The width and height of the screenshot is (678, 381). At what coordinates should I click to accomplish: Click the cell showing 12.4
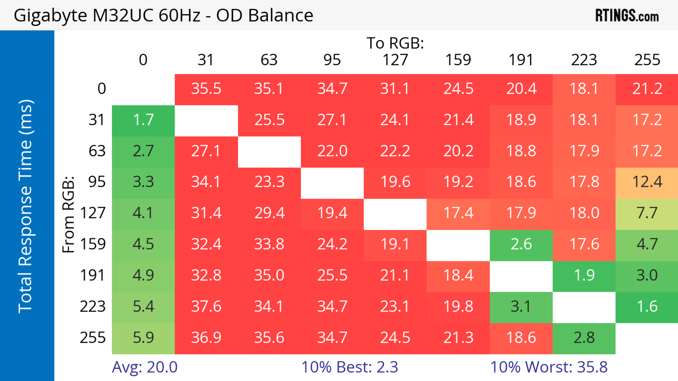tap(647, 182)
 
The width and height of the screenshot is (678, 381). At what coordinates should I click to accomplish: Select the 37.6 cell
tap(206, 307)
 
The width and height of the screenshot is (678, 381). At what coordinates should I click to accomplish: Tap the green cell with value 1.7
tap(143, 120)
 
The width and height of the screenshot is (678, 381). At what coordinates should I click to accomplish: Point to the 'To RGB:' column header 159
tap(458, 60)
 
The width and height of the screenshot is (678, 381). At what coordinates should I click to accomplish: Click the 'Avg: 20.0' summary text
tap(144, 367)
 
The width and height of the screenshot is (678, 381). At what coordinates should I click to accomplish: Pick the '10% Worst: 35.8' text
tap(549, 367)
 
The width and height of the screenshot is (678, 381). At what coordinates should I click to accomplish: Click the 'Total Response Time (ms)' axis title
tap(26, 206)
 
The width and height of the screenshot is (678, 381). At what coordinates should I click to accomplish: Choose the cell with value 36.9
tap(206, 338)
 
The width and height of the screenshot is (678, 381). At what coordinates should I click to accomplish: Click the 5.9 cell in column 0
tap(143, 338)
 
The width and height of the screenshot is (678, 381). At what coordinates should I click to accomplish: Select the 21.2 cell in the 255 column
tap(647, 89)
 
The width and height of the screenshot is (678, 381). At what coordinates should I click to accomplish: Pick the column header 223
tap(584, 60)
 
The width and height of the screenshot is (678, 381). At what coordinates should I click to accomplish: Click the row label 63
tap(97, 151)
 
